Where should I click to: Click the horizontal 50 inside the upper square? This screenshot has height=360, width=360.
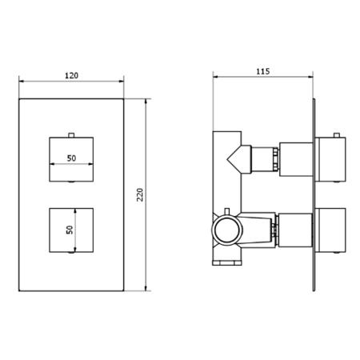71,158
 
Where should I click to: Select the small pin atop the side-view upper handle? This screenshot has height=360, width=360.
335,133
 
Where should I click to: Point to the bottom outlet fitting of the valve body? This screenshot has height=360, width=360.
226,260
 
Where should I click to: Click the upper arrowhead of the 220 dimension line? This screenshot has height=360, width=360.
146,102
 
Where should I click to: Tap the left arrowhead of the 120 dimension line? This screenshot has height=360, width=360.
21,81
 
